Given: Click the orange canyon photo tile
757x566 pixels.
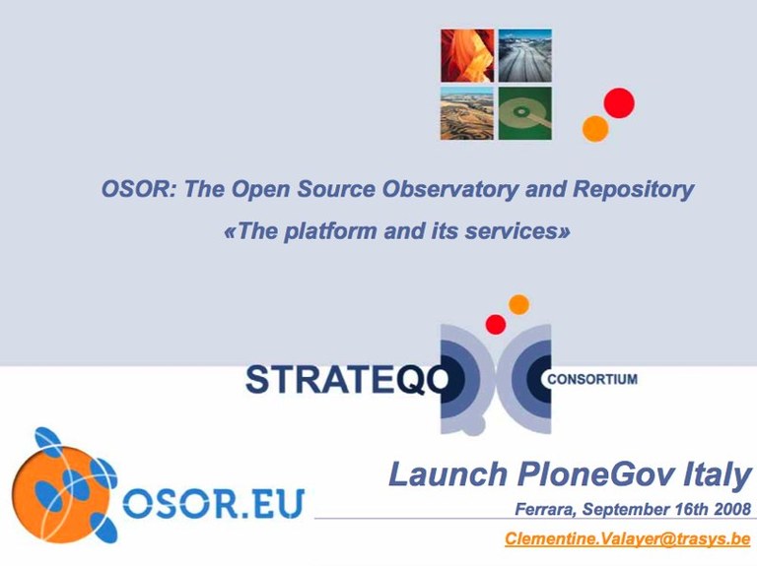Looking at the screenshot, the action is coord(467,55).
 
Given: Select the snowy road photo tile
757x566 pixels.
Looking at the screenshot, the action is coord(524,55).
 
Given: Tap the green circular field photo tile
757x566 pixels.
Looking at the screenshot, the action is coord(524,113).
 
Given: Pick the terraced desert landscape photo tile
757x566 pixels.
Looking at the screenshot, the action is coord(467,113).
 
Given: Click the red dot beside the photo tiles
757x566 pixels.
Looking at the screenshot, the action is coord(619,102).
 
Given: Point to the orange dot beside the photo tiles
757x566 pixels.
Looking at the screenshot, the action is coord(595,129).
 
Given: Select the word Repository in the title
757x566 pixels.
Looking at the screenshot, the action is coord(633,189).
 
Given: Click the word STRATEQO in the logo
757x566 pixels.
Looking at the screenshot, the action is coord(347,380).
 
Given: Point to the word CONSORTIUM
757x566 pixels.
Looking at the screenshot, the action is coord(592,379).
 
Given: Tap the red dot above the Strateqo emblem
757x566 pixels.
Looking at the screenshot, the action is coord(496,324).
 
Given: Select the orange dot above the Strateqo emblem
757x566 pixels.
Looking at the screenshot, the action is coord(519,305).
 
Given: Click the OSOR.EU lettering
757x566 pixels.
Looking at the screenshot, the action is coord(213,503).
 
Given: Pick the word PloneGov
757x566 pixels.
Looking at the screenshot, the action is coord(595,475).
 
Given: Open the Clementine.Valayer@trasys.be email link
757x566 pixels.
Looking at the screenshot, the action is coord(628,539).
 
